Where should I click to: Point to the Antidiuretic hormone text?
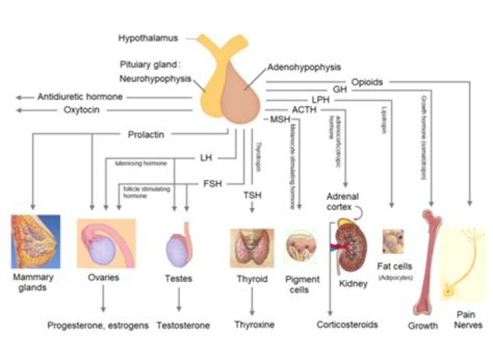[x=80, y=97]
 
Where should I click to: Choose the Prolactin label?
[x=146, y=134]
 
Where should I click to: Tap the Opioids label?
[x=368, y=81]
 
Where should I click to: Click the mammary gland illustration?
[x=35, y=242]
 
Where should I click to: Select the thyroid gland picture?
[x=251, y=247]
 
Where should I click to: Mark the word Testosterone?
[x=183, y=325]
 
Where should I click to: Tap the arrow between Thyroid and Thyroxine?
[x=251, y=300]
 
